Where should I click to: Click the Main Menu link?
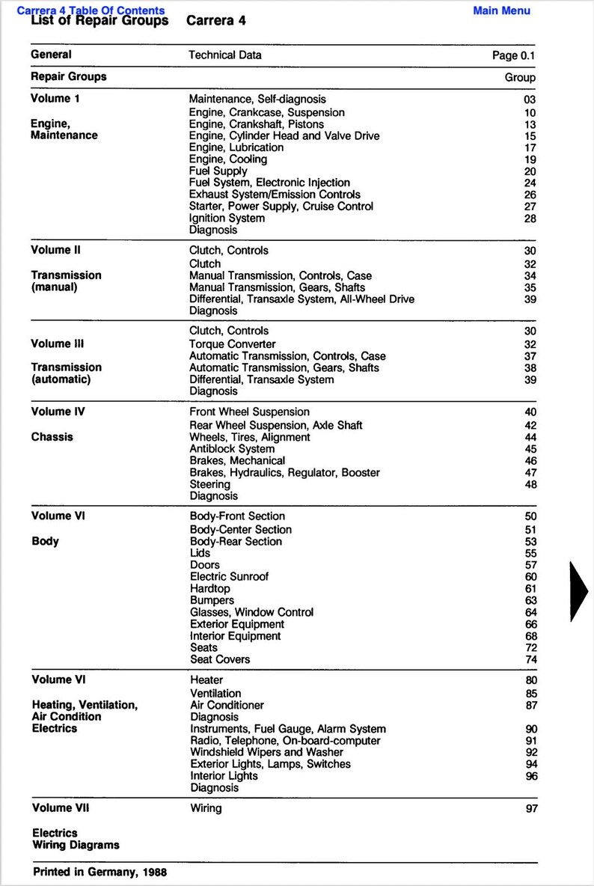tap(501, 10)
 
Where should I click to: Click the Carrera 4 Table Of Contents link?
tap(91, 10)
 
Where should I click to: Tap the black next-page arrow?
tap(580, 590)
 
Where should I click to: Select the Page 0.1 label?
tap(513, 55)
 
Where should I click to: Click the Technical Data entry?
tap(225, 55)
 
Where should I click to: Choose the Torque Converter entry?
tap(233, 344)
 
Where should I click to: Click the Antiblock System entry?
tap(232, 449)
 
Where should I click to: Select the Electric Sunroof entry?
tap(229, 577)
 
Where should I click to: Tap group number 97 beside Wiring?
tap(530, 809)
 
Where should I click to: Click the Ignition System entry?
tap(227, 219)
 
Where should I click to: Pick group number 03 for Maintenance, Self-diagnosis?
tap(530, 100)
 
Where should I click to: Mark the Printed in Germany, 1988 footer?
tap(99, 873)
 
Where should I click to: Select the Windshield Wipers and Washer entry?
tap(267, 752)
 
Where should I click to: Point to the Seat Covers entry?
tap(220, 659)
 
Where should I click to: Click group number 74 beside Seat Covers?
tap(530, 660)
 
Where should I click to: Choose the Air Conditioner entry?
tap(227, 705)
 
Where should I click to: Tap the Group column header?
tap(520, 77)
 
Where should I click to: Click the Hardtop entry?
tap(210, 589)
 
